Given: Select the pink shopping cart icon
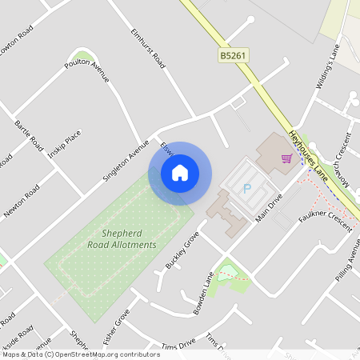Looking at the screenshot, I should [x=286, y=158].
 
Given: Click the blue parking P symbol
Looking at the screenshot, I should [x=246, y=188].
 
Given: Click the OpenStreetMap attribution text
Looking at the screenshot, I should [x=81, y=354].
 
